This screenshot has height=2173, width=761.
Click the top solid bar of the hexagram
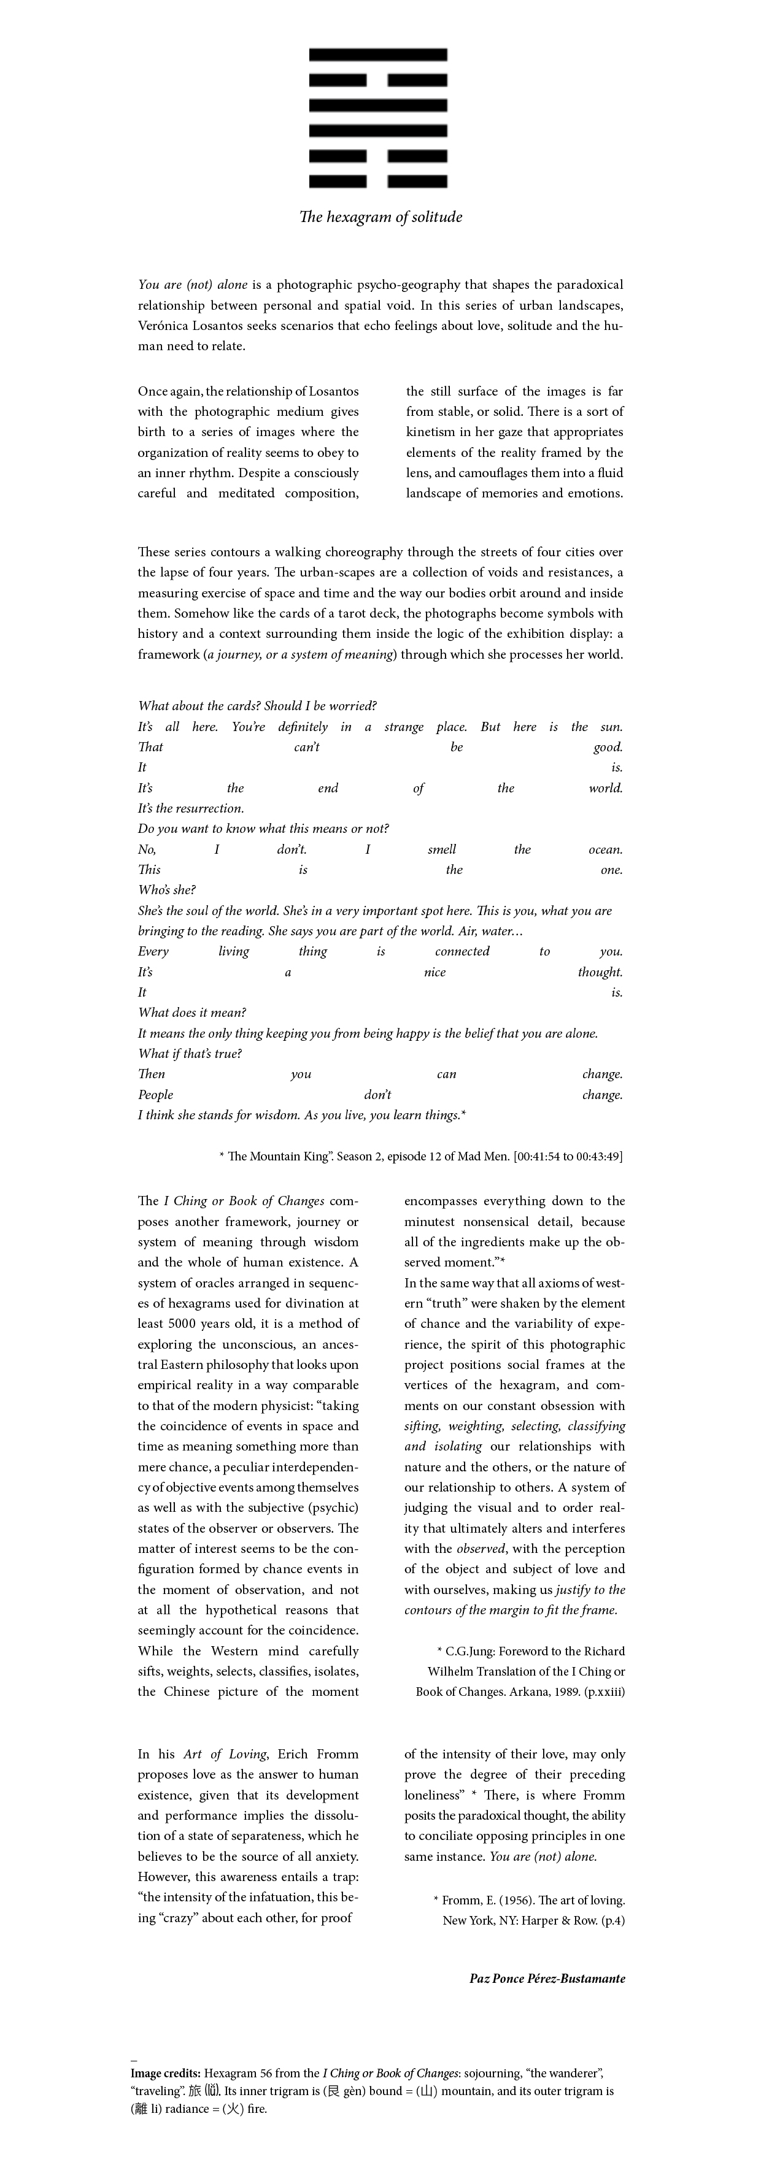377,55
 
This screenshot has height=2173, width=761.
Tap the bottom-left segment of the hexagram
338,182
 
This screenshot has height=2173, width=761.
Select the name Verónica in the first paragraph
164,326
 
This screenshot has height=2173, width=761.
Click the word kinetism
430,432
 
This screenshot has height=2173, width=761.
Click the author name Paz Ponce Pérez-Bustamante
547,1978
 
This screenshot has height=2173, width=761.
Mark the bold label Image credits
165,2072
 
